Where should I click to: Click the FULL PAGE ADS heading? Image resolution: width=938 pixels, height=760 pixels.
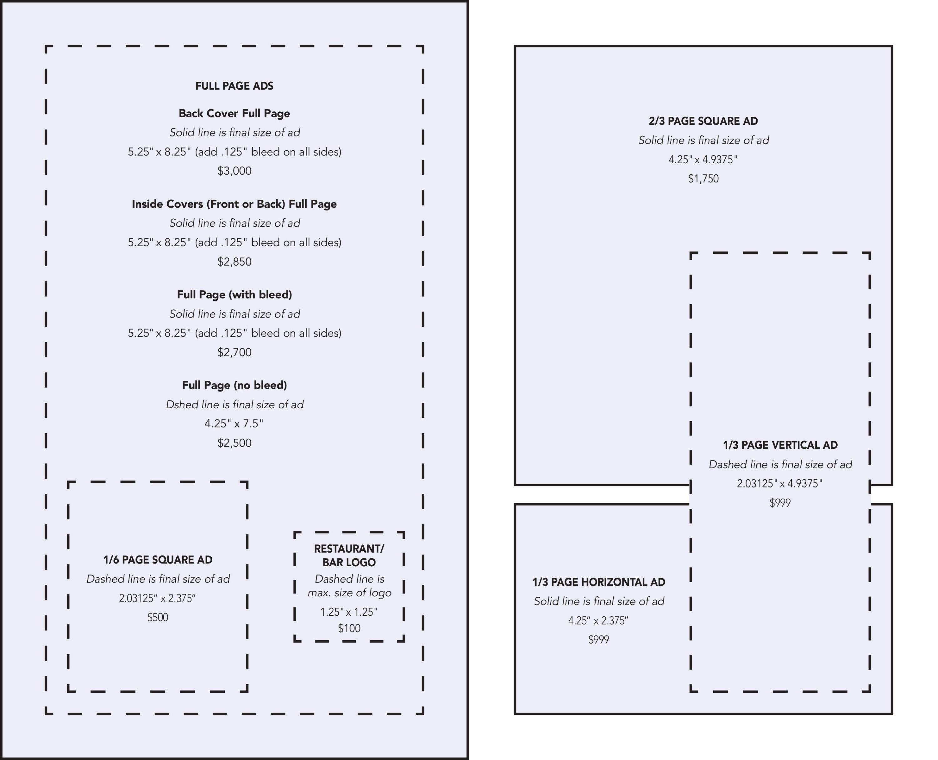tap(234, 86)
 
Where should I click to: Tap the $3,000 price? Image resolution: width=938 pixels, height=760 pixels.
tap(234, 171)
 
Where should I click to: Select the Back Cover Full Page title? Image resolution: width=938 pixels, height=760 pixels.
tap(234, 113)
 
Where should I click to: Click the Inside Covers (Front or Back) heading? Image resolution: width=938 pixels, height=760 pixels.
tap(234, 204)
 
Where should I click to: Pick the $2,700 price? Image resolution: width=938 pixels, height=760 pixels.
tap(234, 352)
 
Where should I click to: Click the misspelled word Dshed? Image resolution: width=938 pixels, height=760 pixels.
tap(178, 405)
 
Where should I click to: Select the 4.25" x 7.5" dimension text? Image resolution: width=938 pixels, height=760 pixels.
tap(234, 424)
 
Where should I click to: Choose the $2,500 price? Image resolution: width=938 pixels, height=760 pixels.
tap(234, 443)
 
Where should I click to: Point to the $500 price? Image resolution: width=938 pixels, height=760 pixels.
tap(158, 618)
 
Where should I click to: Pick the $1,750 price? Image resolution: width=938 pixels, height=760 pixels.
tap(703, 179)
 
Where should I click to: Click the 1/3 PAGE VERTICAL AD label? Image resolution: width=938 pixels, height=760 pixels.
tap(780, 445)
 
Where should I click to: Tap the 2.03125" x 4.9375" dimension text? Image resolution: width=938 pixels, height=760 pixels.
tap(780, 484)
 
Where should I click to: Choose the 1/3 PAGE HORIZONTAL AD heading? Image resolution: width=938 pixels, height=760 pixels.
tap(598, 582)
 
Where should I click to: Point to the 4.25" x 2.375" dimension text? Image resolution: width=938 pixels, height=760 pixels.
tap(598, 621)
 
